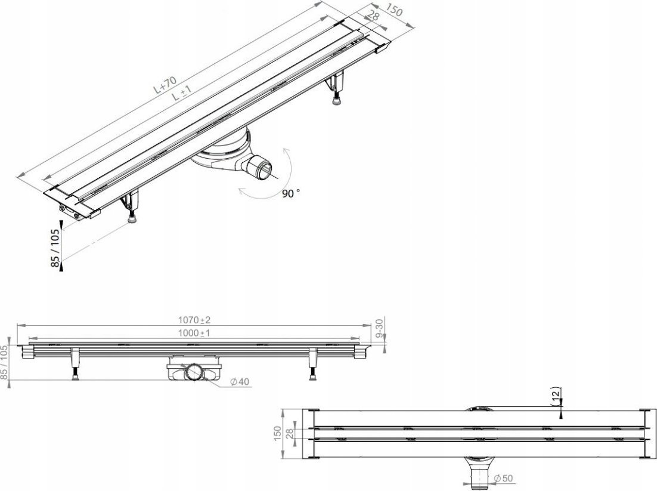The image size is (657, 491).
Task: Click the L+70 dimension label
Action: pyautogui.click(x=162, y=85)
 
